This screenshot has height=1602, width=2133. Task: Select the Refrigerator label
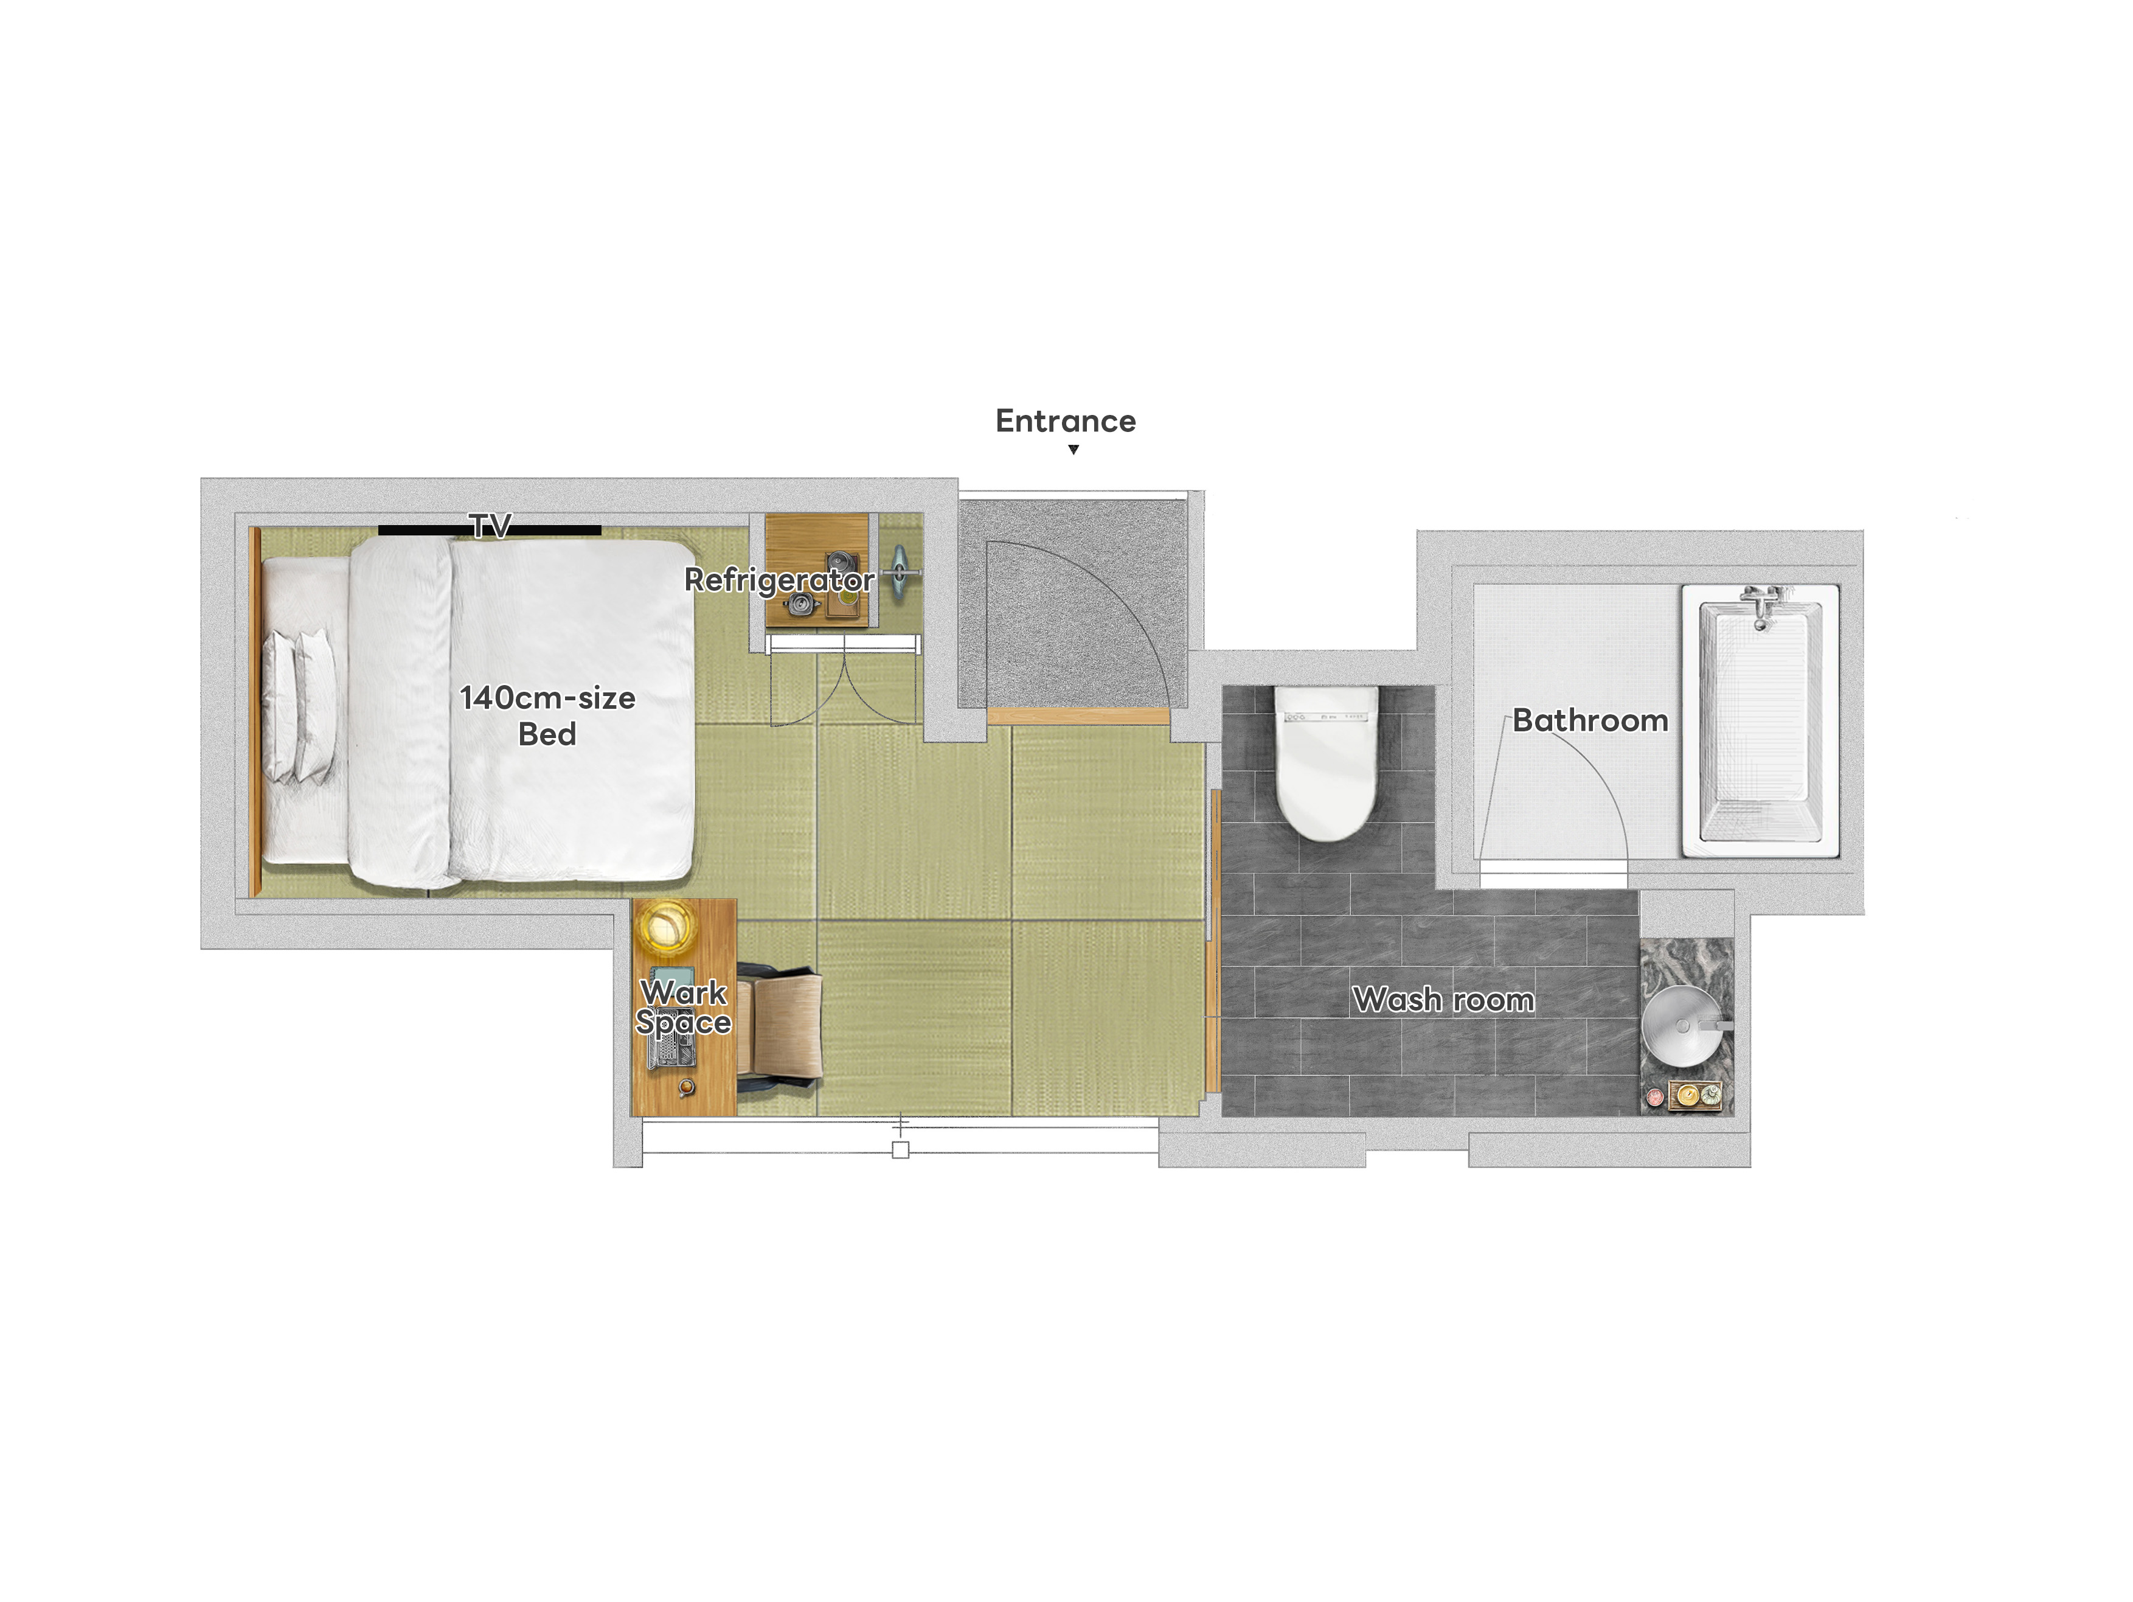[779, 580]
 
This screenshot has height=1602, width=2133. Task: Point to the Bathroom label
[1590, 720]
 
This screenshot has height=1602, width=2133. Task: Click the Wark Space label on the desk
[684, 1007]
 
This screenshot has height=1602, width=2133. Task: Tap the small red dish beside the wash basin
[1655, 1096]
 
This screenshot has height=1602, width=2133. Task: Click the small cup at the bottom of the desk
[685, 1088]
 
